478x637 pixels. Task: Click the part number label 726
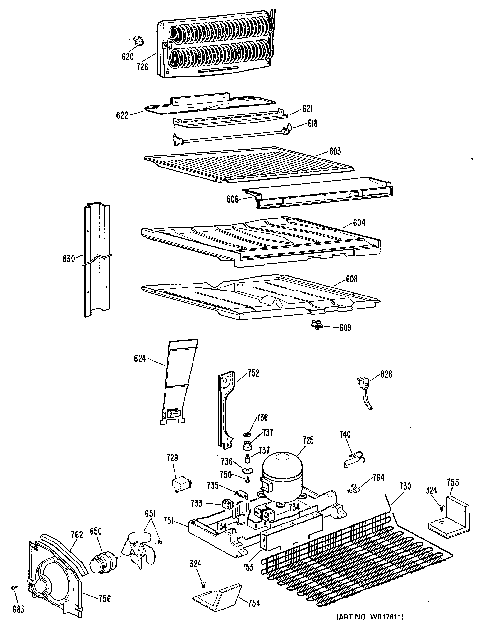tap(142, 67)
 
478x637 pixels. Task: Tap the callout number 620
tap(127, 57)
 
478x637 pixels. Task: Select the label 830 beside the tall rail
tap(69, 259)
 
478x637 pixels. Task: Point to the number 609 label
tap(345, 328)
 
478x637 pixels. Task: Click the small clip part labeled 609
tap(316, 325)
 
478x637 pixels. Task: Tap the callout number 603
tap(335, 151)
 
